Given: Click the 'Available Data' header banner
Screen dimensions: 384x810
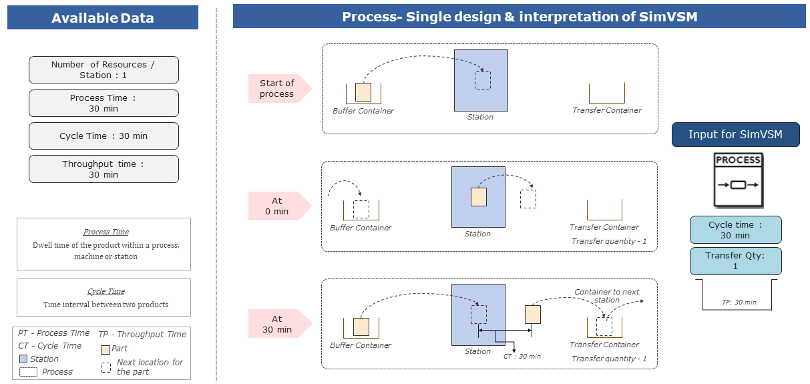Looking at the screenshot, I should click(103, 18).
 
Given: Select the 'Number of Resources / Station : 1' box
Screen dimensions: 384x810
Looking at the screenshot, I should click(104, 70).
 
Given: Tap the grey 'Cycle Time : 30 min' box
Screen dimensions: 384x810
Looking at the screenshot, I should click(104, 136).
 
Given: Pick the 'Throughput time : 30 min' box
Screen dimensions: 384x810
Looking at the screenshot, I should click(104, 169).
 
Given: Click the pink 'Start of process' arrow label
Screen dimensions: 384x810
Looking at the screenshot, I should click(278, 88).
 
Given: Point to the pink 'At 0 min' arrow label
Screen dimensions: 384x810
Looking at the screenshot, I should click(278, 206).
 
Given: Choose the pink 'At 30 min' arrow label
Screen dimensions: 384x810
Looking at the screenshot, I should click(278, 323).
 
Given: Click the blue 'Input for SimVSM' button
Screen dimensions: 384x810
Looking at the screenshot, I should click(735, 135).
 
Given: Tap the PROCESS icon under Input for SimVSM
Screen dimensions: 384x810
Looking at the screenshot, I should click(738, 180).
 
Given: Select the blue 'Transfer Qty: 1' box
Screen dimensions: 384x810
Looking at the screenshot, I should click(735, 261).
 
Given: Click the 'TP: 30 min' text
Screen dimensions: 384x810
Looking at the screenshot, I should click(739, 303).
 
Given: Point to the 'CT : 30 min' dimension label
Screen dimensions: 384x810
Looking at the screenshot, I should click(522, 357).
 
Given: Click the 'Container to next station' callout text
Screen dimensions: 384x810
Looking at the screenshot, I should click(606, 296).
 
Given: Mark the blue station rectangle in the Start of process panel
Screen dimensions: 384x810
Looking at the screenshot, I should click(481, 80).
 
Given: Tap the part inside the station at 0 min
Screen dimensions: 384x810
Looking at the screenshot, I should click(479, 197).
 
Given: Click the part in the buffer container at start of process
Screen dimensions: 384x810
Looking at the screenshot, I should click(363, 92).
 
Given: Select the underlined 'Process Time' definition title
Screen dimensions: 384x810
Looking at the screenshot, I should click(106, 232).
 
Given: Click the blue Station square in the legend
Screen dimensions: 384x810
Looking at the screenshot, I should click(24, 359).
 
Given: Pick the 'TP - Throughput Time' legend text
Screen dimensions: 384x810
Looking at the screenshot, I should click(142, 334).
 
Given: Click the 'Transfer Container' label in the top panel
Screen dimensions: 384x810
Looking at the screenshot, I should click(606, 110).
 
